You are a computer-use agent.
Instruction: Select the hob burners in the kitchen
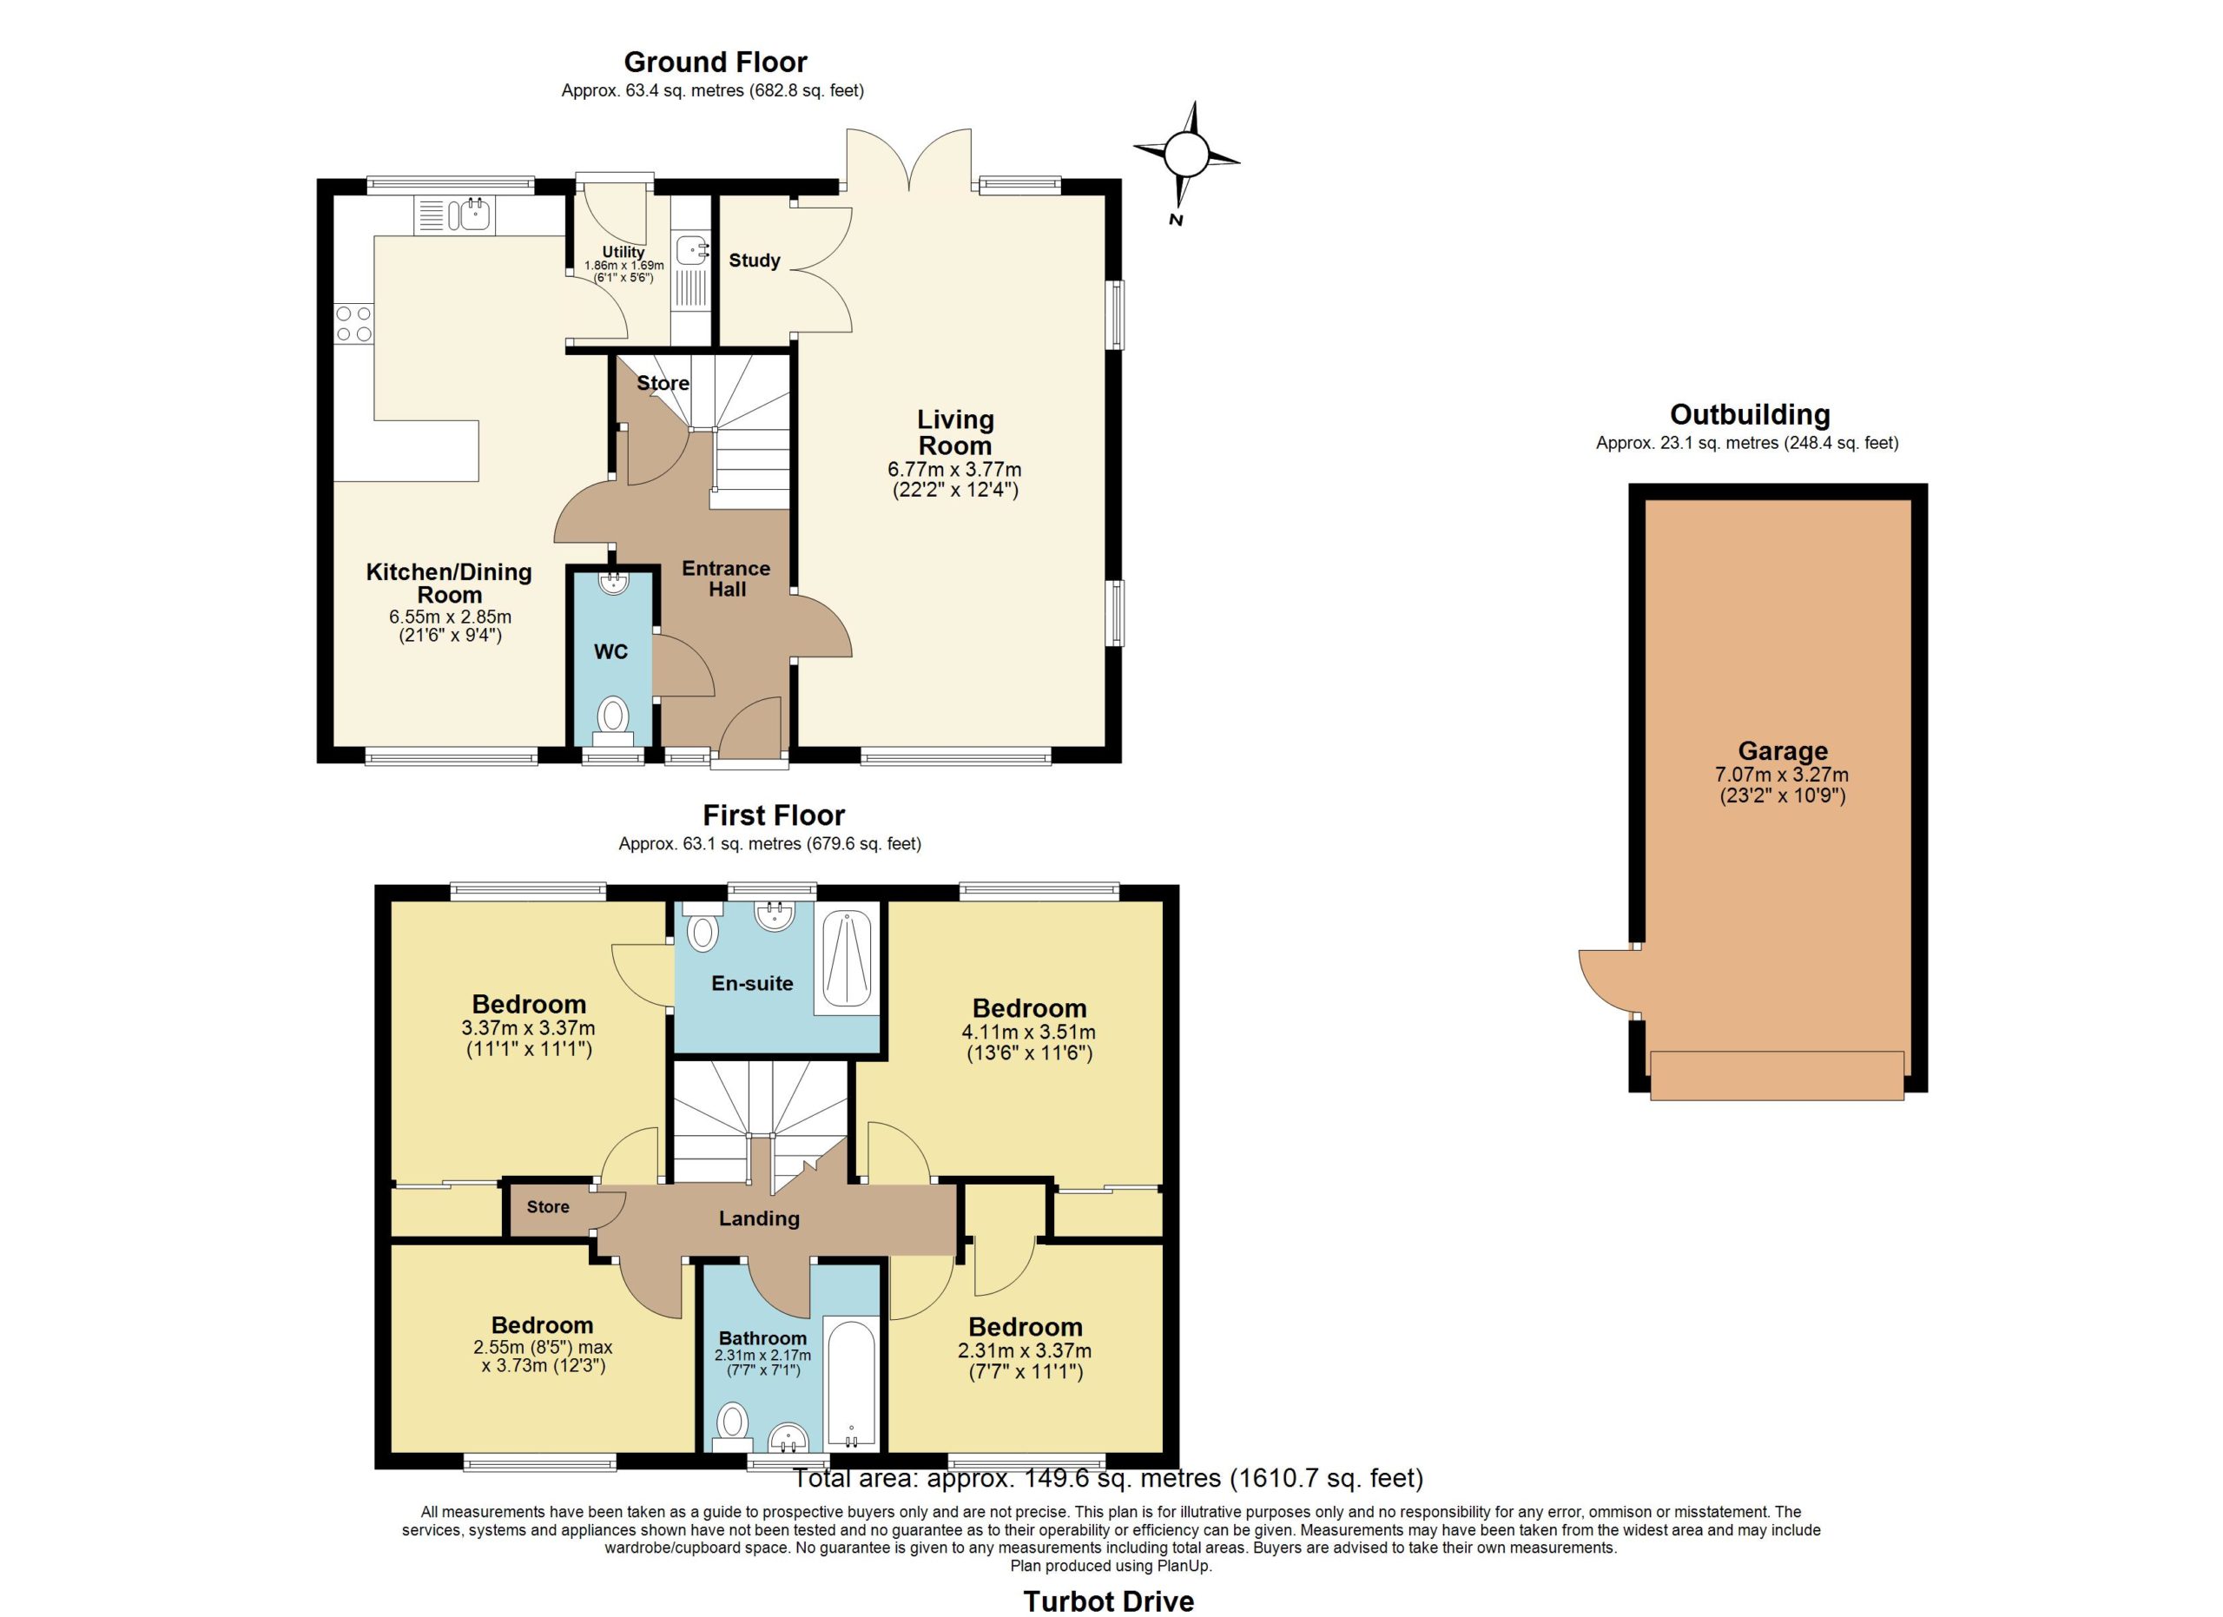point(353,323)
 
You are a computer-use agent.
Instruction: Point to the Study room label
point(754,261)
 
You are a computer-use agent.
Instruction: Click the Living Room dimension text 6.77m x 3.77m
point(953,470)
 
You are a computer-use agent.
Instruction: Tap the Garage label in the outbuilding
point(1782,752)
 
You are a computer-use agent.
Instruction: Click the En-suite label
point(752,984)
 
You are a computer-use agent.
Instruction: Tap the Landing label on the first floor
point(759,1219)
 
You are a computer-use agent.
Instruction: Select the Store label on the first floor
point(548,1207)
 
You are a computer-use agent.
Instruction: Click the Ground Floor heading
point(716,63)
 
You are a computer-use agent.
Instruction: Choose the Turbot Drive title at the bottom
point(1109,1601)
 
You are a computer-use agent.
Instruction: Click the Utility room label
point(623,252)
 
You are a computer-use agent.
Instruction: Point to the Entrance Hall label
point(726,579)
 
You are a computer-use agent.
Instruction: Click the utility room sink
point(691,250)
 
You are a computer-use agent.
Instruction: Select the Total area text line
point(1107,1479)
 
